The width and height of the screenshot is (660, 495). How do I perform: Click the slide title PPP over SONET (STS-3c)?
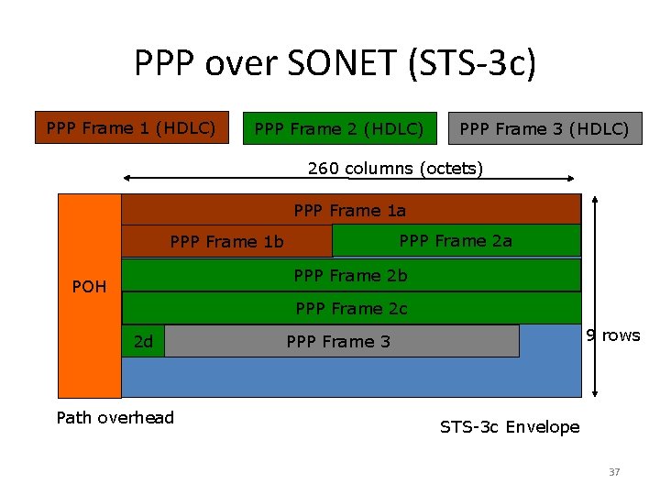[335, 63]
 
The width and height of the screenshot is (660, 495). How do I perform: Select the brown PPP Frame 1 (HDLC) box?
[131, 128]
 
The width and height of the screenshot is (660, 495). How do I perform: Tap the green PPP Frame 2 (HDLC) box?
[338, 129]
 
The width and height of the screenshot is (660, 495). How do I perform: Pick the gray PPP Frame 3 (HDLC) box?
[544, 129]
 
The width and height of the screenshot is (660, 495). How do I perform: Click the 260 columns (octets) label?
[395, 169]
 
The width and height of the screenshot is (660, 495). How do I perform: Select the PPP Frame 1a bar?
[350, 210]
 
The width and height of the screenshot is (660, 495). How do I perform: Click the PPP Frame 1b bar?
[226, 242]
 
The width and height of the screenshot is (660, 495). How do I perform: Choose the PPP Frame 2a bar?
[456, 241]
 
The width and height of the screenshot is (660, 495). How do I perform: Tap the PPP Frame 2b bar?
[350, 275]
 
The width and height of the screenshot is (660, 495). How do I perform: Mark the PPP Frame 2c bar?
[350, 309]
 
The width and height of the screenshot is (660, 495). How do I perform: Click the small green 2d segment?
[143, 342]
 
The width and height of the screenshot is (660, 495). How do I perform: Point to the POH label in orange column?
[89, 287]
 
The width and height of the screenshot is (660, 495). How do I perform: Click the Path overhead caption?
[115, 418]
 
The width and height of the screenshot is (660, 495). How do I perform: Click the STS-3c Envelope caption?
[510, 427]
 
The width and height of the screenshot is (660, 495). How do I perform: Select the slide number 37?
[614, 472]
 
